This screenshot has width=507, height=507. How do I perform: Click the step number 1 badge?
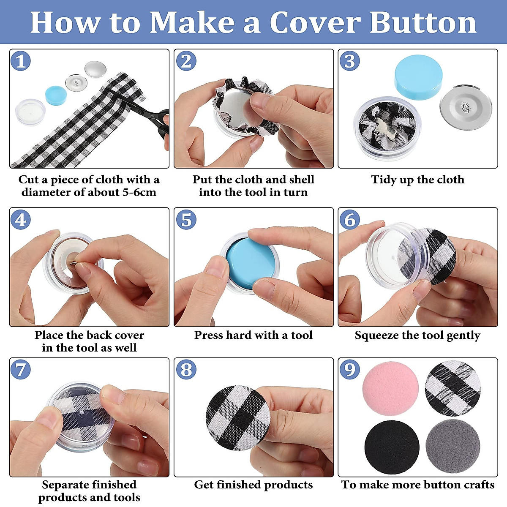point(21,61)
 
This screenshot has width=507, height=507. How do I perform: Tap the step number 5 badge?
point(186,220)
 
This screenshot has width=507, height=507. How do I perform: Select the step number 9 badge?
point(349,369)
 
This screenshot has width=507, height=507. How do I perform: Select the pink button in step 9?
point(390,389)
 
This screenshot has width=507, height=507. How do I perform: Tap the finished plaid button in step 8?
point(238,417)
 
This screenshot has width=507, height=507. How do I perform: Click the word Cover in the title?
point(315,23)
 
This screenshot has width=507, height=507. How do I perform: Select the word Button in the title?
point(423,23)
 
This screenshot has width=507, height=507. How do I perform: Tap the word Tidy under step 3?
point(382,180)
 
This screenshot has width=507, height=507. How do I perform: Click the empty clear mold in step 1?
point(30,111)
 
